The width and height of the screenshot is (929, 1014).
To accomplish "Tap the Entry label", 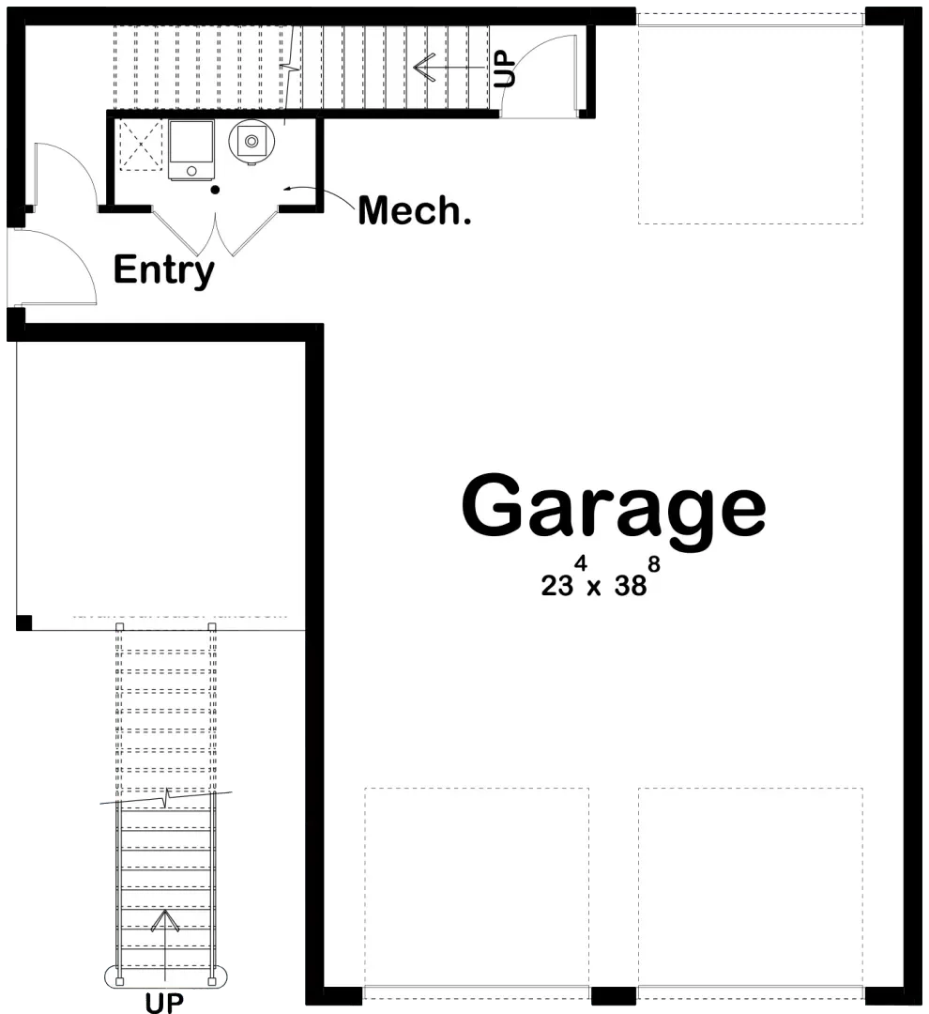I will (x=163, y=270).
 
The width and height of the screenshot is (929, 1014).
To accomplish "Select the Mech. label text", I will (x=414, y=211).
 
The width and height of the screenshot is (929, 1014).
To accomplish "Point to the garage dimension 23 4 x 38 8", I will (x=594, y=581).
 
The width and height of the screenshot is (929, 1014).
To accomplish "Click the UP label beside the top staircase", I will (x=505, y=68).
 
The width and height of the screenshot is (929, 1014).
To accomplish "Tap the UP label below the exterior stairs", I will (x=165, y=1004).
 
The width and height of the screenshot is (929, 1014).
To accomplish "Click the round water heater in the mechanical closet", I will (x=251, y=142).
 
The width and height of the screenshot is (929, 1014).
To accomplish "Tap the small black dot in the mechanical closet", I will (x=215, y=190).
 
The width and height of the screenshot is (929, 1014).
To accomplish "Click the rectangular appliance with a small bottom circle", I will (x=191, y=148).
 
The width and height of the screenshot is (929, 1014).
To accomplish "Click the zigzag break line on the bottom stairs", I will (x=166, y=799).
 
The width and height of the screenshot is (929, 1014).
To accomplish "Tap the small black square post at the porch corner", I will (x=24, y=622).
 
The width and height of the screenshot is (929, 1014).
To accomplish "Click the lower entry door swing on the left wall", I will (x=56, y=267).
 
